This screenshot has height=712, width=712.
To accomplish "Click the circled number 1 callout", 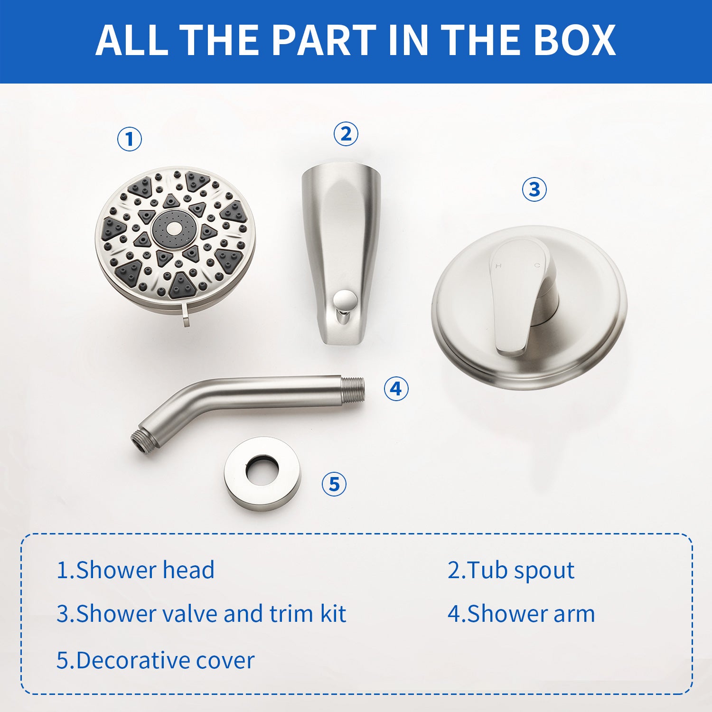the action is (x=130, y=140).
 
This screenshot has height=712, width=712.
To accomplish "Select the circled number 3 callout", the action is (x=534, y=189).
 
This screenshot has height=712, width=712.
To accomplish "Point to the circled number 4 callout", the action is (x=396, y=389).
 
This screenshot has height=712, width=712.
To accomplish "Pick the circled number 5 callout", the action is (x=334, y=484).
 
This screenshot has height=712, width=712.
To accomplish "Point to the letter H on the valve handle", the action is (x=498, y=266).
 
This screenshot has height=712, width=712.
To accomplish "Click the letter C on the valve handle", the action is (x=537, y=265).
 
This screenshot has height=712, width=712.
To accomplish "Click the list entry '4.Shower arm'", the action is (x=521, y=614).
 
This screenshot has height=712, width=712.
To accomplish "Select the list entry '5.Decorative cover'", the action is (x=156, y=660).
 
